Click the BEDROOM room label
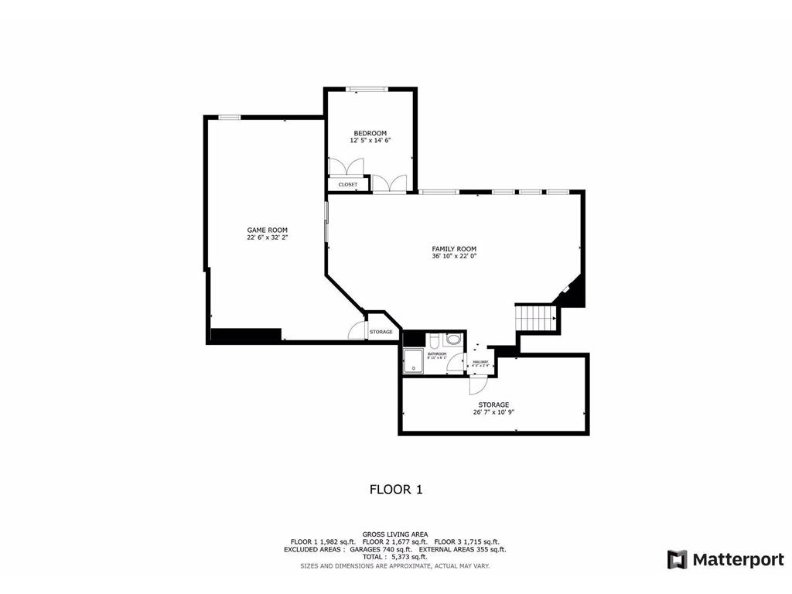(x=370, y=133)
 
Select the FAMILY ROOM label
(x=454, y=248)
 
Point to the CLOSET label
(x=348, y=185)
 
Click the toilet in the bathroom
(x=435, y=340)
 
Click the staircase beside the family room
(x=536, y=316)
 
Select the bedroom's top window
(x=367, y=89)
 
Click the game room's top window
(x=229, y=118)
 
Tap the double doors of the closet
(x=346, y=167)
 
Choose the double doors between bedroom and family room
(x=389, y=183)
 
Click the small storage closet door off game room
(x=357, y=329)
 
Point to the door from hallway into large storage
(x=477, y=384)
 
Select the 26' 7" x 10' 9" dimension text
(x=493, y=412)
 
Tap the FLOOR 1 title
(x=395, y=489)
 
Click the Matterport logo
(x=725, y=559)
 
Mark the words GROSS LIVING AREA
(x=394, y=534)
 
